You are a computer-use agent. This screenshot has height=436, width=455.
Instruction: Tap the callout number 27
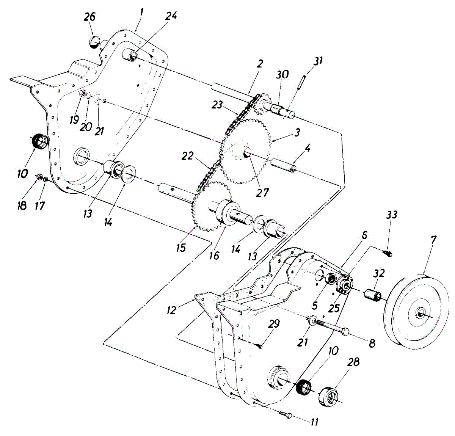(x=262, y=192)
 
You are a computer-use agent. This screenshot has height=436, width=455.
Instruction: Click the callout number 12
(x=172, y=310)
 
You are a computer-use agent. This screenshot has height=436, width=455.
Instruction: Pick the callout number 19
(x=74, y=120)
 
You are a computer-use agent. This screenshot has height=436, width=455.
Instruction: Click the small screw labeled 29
(x=260, y=345)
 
